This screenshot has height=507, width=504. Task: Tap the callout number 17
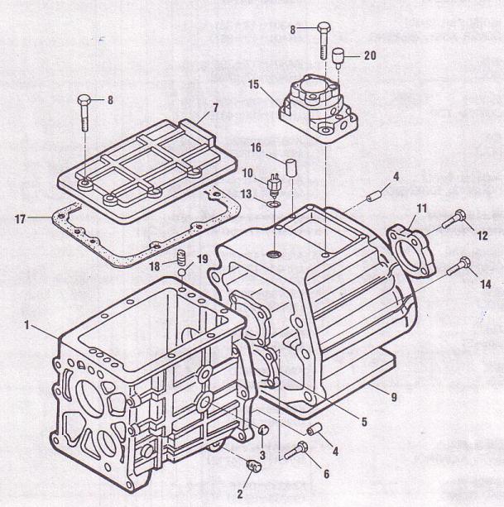[19, 218]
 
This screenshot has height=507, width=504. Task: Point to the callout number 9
[394, 396]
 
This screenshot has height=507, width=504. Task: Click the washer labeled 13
[273, 201]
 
